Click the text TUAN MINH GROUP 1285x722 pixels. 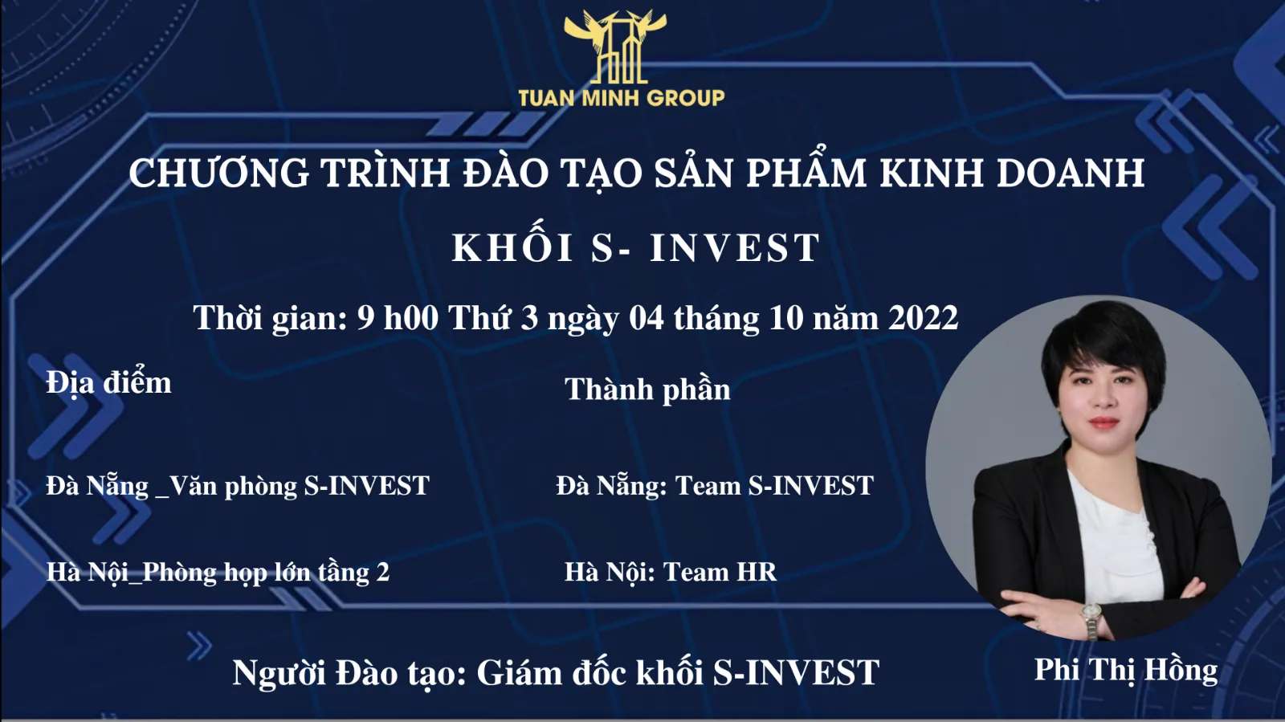[x=622, y=98]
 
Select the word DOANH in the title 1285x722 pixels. [x=1071, y=173]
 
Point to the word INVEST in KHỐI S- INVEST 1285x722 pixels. [x=735, y=247]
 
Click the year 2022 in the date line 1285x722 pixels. [x=923, y=318]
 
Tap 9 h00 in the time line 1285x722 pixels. [x=398, y=318]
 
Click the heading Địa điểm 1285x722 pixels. [x=109, y=382]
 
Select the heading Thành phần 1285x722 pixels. [x=647, y=390]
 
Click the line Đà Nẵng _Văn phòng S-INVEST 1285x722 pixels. [x=238, y=487]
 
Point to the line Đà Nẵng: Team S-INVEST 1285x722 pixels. [x=715, y=487]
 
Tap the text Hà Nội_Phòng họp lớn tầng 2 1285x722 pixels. [x=218, y=573]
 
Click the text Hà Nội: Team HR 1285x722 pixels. [x=671, y=573]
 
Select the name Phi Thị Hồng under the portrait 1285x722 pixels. [x=1126, y=671]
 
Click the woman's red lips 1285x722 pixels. [x=1103, y=422]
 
